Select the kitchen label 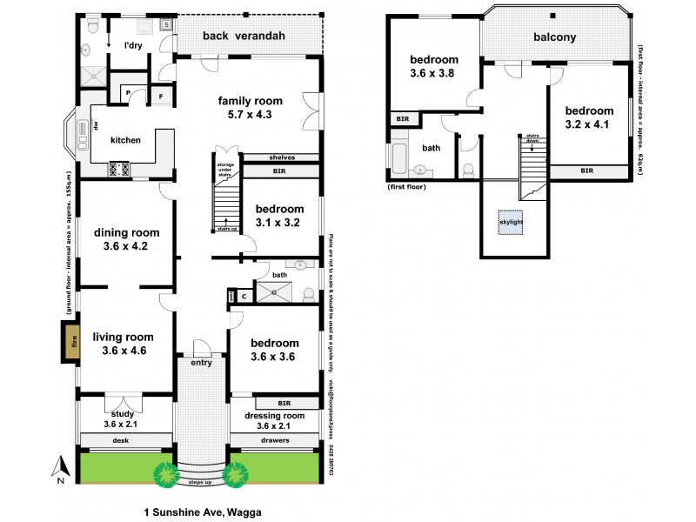tap(125, 140)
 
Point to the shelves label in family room tap(281, 157)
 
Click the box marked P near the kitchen tap(128, 93)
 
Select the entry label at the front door tap(201, 363)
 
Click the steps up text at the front tap(201, 481)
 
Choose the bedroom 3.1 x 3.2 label tap(278, 216)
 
